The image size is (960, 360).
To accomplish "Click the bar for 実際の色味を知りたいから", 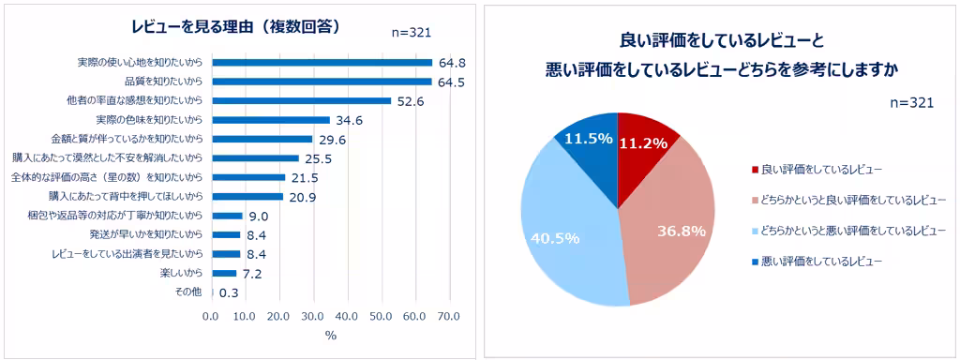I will point(271,120).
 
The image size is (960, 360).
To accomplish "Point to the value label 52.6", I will point(411,101).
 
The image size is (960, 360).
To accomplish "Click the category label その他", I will point(188,292).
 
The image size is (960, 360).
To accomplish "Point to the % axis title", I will point(330,336).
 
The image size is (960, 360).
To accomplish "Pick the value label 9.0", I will point(256,216).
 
